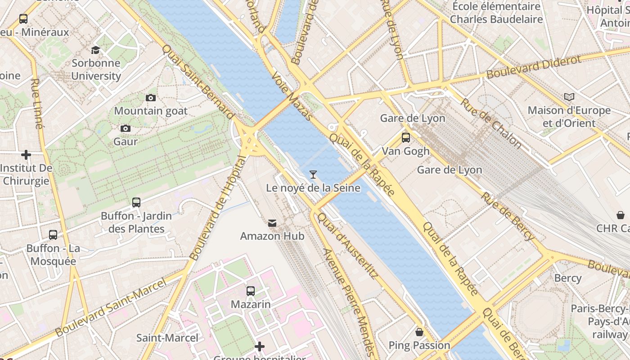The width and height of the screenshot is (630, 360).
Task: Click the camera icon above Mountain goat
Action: tap(151, 98)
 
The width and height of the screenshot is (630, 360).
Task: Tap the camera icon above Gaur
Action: tap(126, 128)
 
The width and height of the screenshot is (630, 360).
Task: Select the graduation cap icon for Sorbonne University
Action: tap(95, 49)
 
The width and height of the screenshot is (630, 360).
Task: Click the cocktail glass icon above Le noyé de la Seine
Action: tap(313, 174)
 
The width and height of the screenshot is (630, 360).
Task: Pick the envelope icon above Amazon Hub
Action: tap(272, 223)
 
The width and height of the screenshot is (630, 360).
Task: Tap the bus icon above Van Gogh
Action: tap(405, 138)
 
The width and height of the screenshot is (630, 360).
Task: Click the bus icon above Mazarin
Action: tap(251, 291)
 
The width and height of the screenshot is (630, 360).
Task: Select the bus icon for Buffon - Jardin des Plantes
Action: tap(136, 202)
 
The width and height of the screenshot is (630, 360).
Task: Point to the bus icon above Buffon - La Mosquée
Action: tap(53, 235)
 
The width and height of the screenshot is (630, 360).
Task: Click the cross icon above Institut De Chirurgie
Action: tap(26, 155)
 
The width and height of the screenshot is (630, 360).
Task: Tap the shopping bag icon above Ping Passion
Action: tap(419, 332)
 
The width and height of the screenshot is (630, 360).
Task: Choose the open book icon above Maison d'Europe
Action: tap(569, 97)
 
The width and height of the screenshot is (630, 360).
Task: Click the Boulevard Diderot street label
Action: tap(533, 67)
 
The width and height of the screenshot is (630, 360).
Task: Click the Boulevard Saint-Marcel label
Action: tap(111, 307)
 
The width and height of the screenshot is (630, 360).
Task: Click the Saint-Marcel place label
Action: tap(167, 337)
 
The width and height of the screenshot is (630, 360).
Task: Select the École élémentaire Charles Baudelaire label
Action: tap(496, 13)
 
